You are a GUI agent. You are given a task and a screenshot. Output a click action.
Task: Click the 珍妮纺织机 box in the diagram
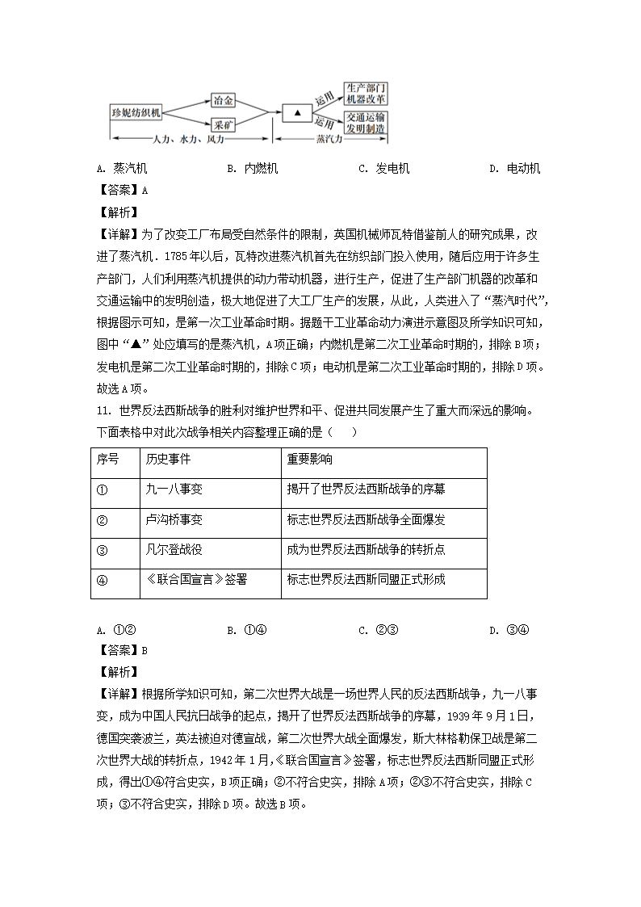coord(136,113)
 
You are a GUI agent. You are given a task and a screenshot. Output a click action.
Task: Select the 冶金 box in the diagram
coord(223,100)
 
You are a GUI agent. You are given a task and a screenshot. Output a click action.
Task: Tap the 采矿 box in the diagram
coord(223,126)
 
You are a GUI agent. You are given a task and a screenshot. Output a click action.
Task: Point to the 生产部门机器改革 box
coord(365,93)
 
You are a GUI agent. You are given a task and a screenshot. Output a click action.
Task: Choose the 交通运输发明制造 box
coord(365,123)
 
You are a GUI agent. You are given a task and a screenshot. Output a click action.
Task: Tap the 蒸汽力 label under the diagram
coord(329,140)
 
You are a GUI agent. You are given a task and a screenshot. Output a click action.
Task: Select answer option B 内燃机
coord(253,169)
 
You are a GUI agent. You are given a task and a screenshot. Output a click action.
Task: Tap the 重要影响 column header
coord(309,460)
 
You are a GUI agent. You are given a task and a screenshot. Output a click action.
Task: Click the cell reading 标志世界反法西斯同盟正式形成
coord(366,579)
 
